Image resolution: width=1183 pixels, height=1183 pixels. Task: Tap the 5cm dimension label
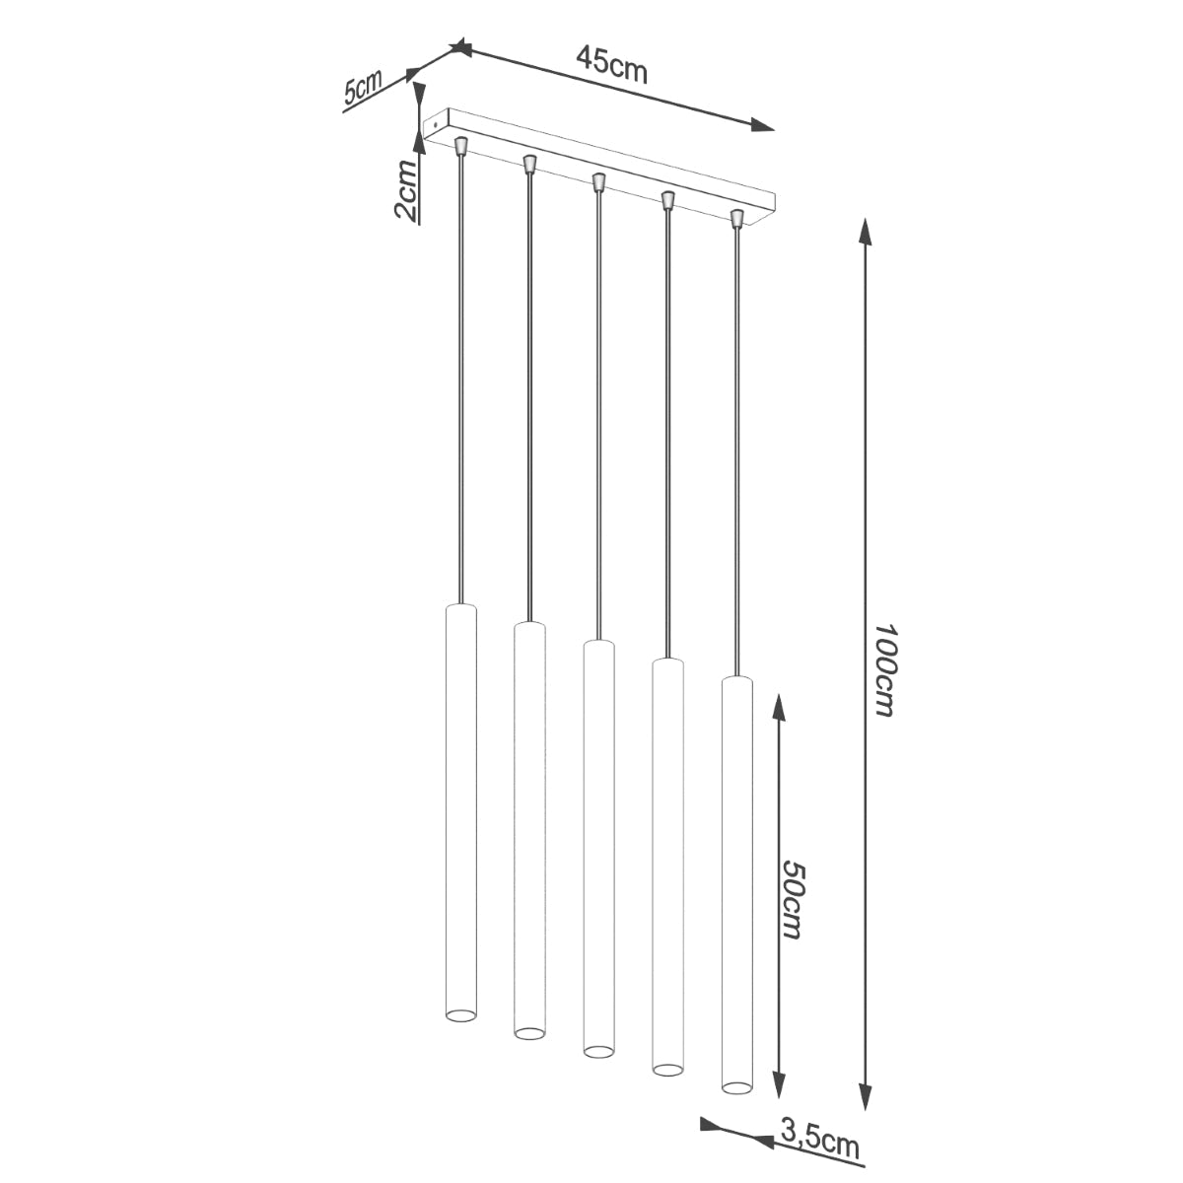(x=362, y=89)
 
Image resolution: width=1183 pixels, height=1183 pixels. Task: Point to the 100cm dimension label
(x=884, y=669)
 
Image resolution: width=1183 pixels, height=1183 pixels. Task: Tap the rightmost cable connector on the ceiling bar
(x=735, y=218)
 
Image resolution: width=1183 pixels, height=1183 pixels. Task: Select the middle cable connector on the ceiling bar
(x=597, y=182)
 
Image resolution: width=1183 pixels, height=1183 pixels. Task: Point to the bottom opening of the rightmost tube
(x=735, y=1087)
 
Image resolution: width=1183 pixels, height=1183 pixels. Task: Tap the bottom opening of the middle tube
(x=597, y=1050)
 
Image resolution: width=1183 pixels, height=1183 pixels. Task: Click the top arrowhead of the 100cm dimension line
(x=866, y=233)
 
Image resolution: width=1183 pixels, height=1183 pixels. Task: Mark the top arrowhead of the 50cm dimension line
(x=779, y=705)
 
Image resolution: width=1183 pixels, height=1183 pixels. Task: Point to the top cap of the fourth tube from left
(x=667, y=661)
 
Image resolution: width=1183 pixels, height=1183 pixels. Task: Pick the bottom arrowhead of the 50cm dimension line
(x=779, y=1086)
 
